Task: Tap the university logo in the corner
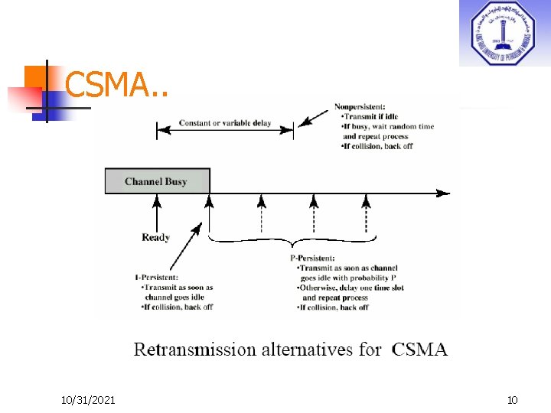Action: coord(503,34)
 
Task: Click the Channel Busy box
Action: coord(156,182)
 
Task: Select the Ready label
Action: coord(156,237)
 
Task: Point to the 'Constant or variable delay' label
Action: coord(224,123)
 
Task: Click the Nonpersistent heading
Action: coord(360,106)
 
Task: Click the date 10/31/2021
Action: coord(89,400)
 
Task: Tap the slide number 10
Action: coord(512,400)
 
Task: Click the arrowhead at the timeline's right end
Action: coord(444,193)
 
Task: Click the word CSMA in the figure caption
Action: coord(419,350)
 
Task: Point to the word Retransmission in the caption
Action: coord(194,350)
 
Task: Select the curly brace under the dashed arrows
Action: coord(292,242)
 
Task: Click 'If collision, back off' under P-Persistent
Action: coord(333,307)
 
